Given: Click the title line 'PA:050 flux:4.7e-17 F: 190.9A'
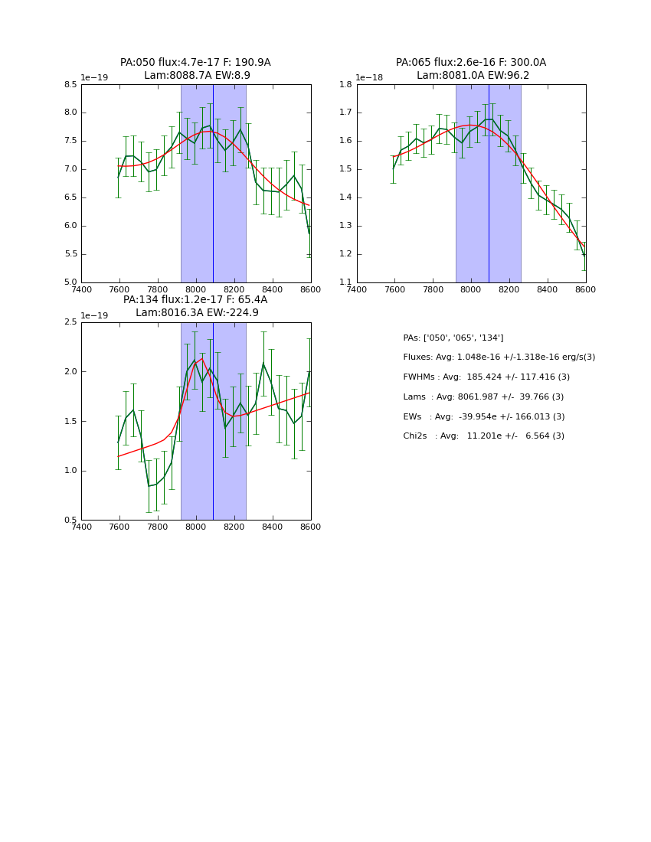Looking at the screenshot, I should tap(195, 63).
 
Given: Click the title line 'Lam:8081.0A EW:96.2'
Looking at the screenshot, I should tap(473, 76).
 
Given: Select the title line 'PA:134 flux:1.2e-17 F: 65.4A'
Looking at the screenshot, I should tap(195, 300).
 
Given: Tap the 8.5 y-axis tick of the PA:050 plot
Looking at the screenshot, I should tap(70, 85).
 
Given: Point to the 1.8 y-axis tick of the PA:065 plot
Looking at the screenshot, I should tap(346, 85).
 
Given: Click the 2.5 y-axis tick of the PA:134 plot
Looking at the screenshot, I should tap(70, 322).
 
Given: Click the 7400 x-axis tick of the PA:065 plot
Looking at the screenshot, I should tap(357, 289).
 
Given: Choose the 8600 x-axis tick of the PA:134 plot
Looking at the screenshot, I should tap(310, 527).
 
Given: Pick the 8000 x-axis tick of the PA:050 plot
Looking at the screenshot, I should tap(196, 289).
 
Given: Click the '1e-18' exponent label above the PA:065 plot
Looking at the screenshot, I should tap(368, 77).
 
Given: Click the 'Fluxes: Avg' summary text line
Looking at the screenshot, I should tap(499, 357).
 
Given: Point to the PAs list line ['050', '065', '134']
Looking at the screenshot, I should tap(453, 338).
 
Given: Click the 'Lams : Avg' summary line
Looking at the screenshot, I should tap(483, 397).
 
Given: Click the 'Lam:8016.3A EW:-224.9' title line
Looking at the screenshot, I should tap(197, 313).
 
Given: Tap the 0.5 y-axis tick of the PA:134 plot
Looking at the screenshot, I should tap(70, 521).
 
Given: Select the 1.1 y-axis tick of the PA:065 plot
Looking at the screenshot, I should tap(346, 282).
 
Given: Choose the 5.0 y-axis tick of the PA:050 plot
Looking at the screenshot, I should tap(70, 282).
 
